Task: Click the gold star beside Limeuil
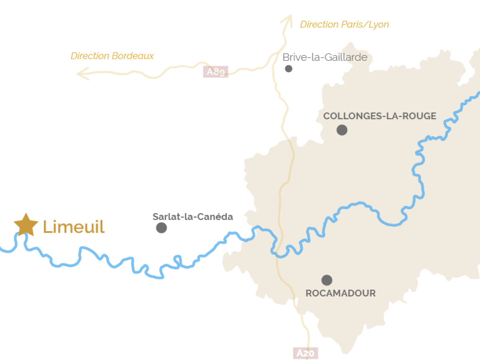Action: (26, 224)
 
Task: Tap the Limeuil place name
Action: (74, 227)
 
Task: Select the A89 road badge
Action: (216, 72)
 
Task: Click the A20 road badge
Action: (306, 353)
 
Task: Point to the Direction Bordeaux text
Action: (112, 56)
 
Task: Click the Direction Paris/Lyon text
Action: (344, 24)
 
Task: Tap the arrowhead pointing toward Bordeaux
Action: (82, 73)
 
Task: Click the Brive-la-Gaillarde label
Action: (325, 57)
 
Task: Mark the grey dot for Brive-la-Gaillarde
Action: (288, 68)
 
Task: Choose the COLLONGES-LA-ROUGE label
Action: (380, 116)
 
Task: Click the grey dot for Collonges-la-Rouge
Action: (342, 130)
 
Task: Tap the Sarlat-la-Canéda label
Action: (193, 216)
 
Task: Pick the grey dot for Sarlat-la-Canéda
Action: (161, 228)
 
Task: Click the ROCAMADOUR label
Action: (341, 293)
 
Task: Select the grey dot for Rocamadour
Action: (327, 280)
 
